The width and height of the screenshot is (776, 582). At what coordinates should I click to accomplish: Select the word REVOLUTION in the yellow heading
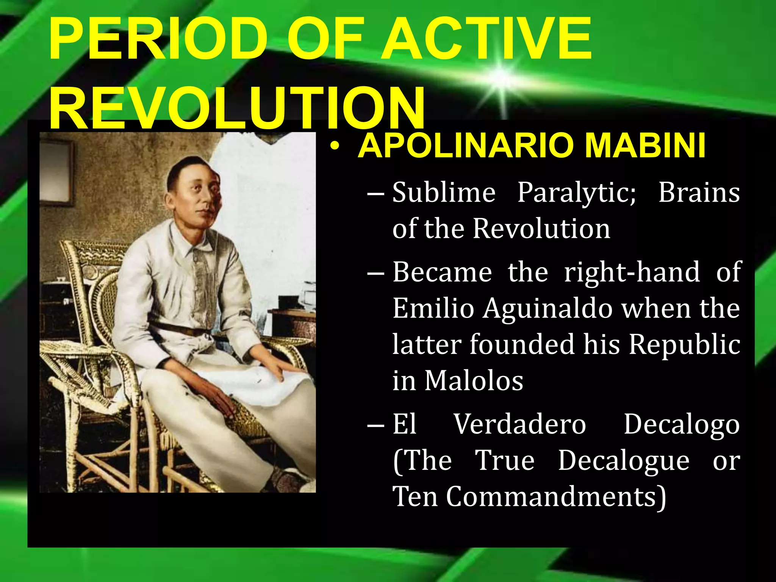pos(237,108)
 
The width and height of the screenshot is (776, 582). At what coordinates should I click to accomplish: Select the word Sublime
pos(443,192)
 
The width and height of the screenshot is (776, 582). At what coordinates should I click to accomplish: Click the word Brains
pos(698,192)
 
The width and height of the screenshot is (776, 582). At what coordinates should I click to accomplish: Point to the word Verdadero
pos(520,424)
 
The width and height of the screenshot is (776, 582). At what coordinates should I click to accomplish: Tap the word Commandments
pos(555,496)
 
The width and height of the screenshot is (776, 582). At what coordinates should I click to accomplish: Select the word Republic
pos(684,345)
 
